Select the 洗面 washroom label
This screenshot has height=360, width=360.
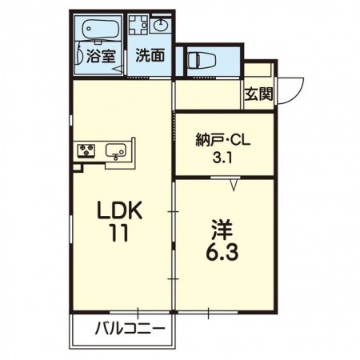click(150, 56)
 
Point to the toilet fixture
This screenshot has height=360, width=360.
click(198, 58)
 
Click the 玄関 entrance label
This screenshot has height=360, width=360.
click(258, 94)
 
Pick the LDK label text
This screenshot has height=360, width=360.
click(120, 211)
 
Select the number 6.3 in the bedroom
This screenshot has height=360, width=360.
click(222, 254)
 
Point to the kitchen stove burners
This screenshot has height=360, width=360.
click(86, 150)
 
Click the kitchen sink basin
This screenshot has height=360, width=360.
click(116, 150)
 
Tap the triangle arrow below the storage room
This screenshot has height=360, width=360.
click(234, 186)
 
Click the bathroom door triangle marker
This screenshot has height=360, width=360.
click(118, 71)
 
